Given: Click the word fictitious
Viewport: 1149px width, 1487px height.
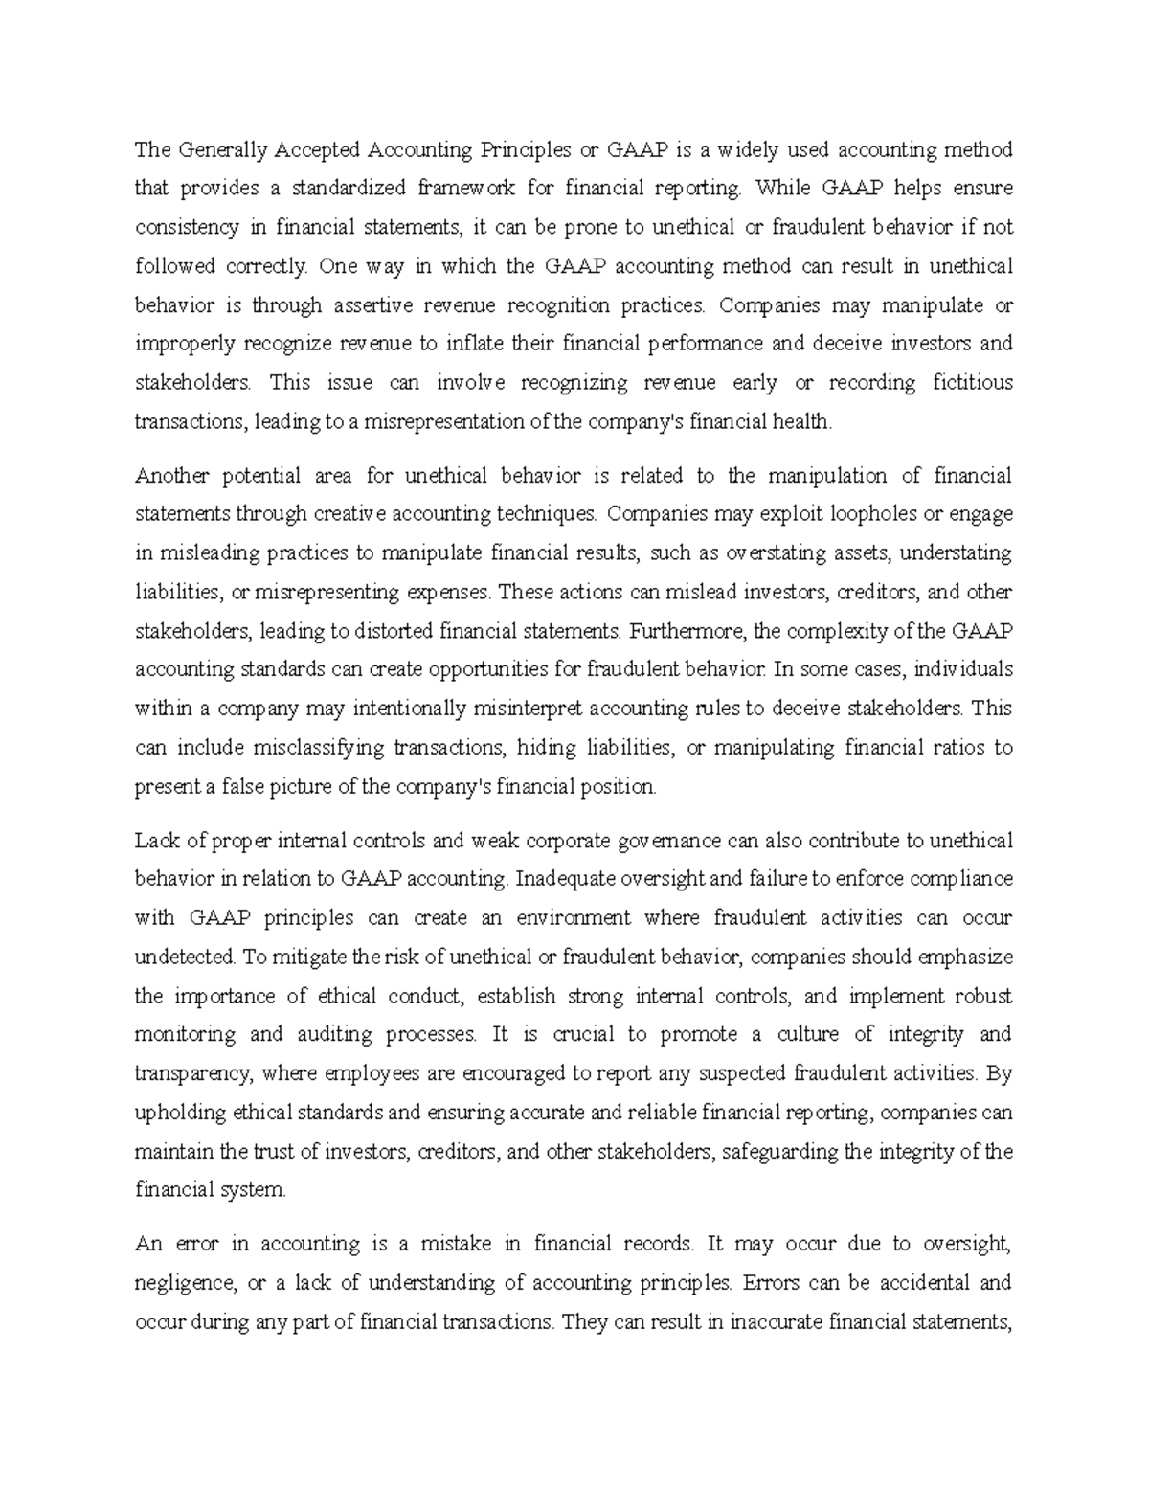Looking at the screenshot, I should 972,383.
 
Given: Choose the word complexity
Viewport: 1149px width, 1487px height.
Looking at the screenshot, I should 846,631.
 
